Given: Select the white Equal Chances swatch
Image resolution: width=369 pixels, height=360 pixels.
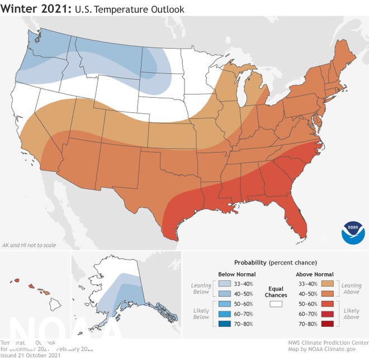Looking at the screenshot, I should (275, 304).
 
